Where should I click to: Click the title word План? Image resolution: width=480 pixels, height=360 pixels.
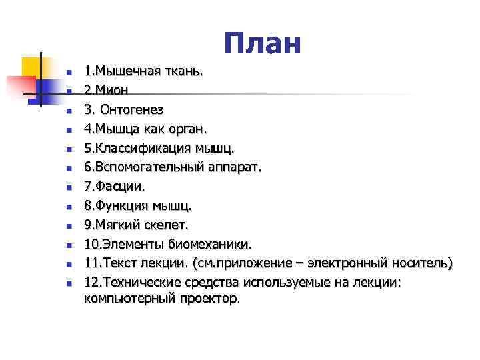(x=263, y=44)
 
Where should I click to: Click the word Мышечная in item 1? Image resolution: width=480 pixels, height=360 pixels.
(x=125, y=71)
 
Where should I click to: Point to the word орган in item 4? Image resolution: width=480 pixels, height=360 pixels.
(x=189, y=127)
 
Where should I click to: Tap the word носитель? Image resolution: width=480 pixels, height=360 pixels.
(x=423, y=263)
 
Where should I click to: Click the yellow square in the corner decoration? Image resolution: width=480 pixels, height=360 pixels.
(x=31, y=67)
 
